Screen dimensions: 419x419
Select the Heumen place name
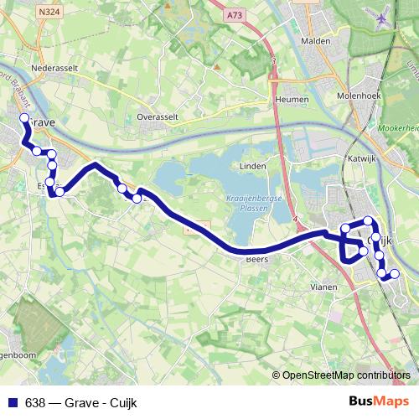point(292,99)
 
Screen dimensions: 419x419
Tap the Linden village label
point(252,166)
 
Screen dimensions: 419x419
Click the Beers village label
point(256,259)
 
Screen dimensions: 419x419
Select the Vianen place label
point(323,287)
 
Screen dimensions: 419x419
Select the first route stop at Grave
point(24,119)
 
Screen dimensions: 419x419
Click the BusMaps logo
point(379,401)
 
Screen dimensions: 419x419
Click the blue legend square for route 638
point(13,402)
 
